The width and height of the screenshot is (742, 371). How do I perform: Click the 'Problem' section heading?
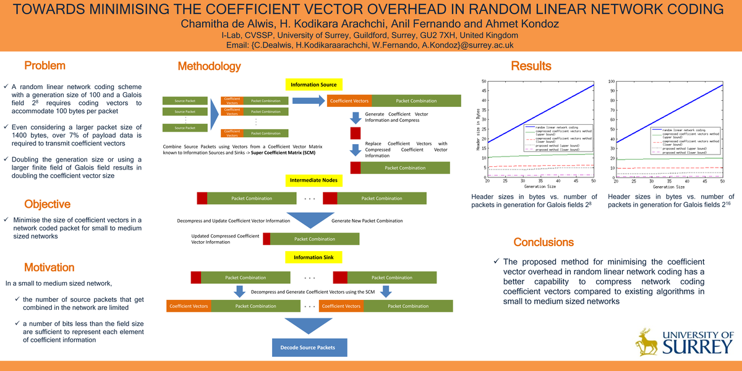coord(45,66)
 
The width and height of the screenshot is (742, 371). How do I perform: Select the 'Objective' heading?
coord(47,204)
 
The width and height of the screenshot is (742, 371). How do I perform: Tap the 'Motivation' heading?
coord(49,268)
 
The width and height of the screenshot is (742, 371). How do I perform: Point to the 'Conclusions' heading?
coord(544,242)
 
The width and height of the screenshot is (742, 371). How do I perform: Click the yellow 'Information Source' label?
coord(313,85)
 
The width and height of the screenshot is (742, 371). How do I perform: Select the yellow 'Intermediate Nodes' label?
coord(313,181)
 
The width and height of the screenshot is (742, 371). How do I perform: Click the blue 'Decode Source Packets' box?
coord(308,347)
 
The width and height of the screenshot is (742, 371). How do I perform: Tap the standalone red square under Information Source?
coord(355,133)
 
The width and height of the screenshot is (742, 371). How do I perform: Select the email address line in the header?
coord(370,45)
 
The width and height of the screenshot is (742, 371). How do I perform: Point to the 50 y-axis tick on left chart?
coord(483,81)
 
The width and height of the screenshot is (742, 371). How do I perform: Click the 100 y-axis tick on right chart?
coord(611,81)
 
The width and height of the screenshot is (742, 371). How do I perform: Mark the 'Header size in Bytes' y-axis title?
coord(477,130)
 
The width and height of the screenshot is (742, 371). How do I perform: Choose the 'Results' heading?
coord(531,66)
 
